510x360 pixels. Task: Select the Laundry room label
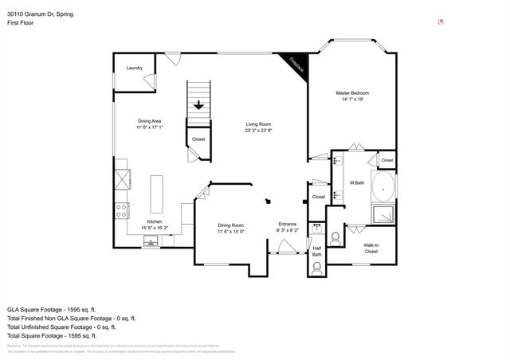(134, 68)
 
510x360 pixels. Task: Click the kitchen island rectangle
(156, 194)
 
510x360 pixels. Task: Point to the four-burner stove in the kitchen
(123, 211)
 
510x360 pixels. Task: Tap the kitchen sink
(148, 242)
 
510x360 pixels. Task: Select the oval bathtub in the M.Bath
(385, 189)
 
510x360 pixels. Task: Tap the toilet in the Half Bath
(317, 268)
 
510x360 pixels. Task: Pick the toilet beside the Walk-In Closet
(335, 237)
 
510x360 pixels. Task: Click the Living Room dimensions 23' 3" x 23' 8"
(259, 131)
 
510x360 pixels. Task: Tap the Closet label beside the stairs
(198, 139)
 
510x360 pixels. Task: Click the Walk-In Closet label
(371, 248)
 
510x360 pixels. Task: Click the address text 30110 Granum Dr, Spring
(41, 13)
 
